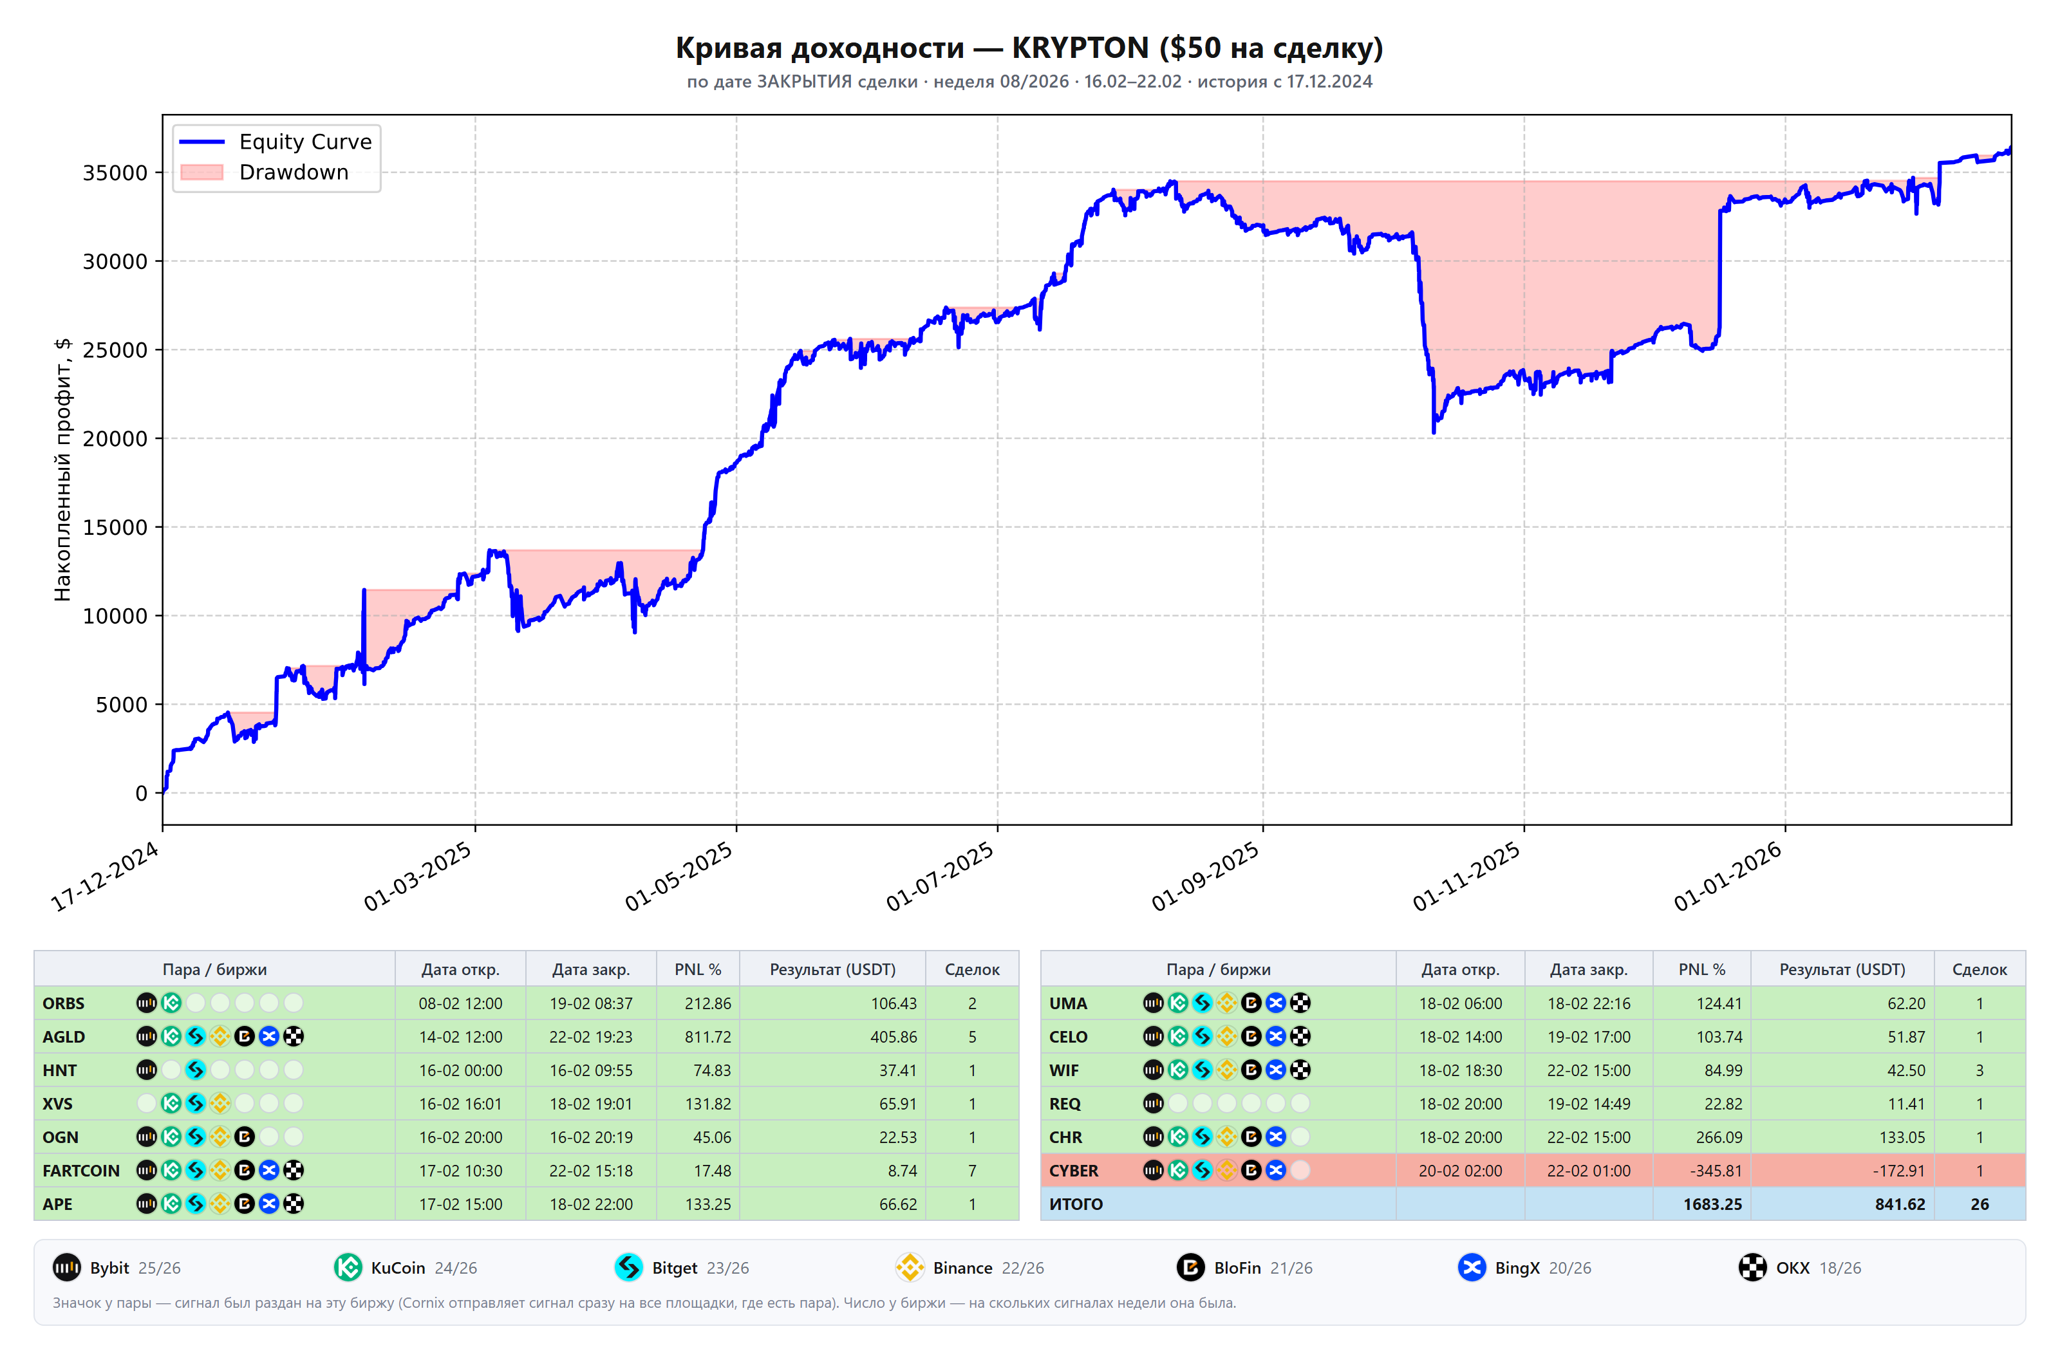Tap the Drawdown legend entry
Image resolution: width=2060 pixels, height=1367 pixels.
[x=264, y=172]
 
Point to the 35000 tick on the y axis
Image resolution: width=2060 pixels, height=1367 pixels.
[x=115, y=172]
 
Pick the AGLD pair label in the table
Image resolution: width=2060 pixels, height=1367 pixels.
[x=64, y=1037]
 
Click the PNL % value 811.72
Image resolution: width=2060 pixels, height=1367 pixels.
[x=708, y=1037]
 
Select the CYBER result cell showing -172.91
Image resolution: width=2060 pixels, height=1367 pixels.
[x=1898, y=1171]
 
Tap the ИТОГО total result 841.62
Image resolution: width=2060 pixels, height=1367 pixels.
[x=1900, y=1204]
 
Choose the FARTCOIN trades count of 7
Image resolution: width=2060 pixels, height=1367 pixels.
[x=972, y=1171]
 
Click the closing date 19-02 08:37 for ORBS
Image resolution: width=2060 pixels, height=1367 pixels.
[x=591, y=1003]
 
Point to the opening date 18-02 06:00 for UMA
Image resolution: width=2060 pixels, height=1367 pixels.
[x=1460, y=1003]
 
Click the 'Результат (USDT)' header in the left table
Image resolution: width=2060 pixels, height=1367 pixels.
[x=832, y=969]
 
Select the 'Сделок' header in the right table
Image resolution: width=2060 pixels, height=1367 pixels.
[x=1979, y=969]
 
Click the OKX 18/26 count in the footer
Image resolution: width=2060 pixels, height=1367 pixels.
[x=1839, y=1268]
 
